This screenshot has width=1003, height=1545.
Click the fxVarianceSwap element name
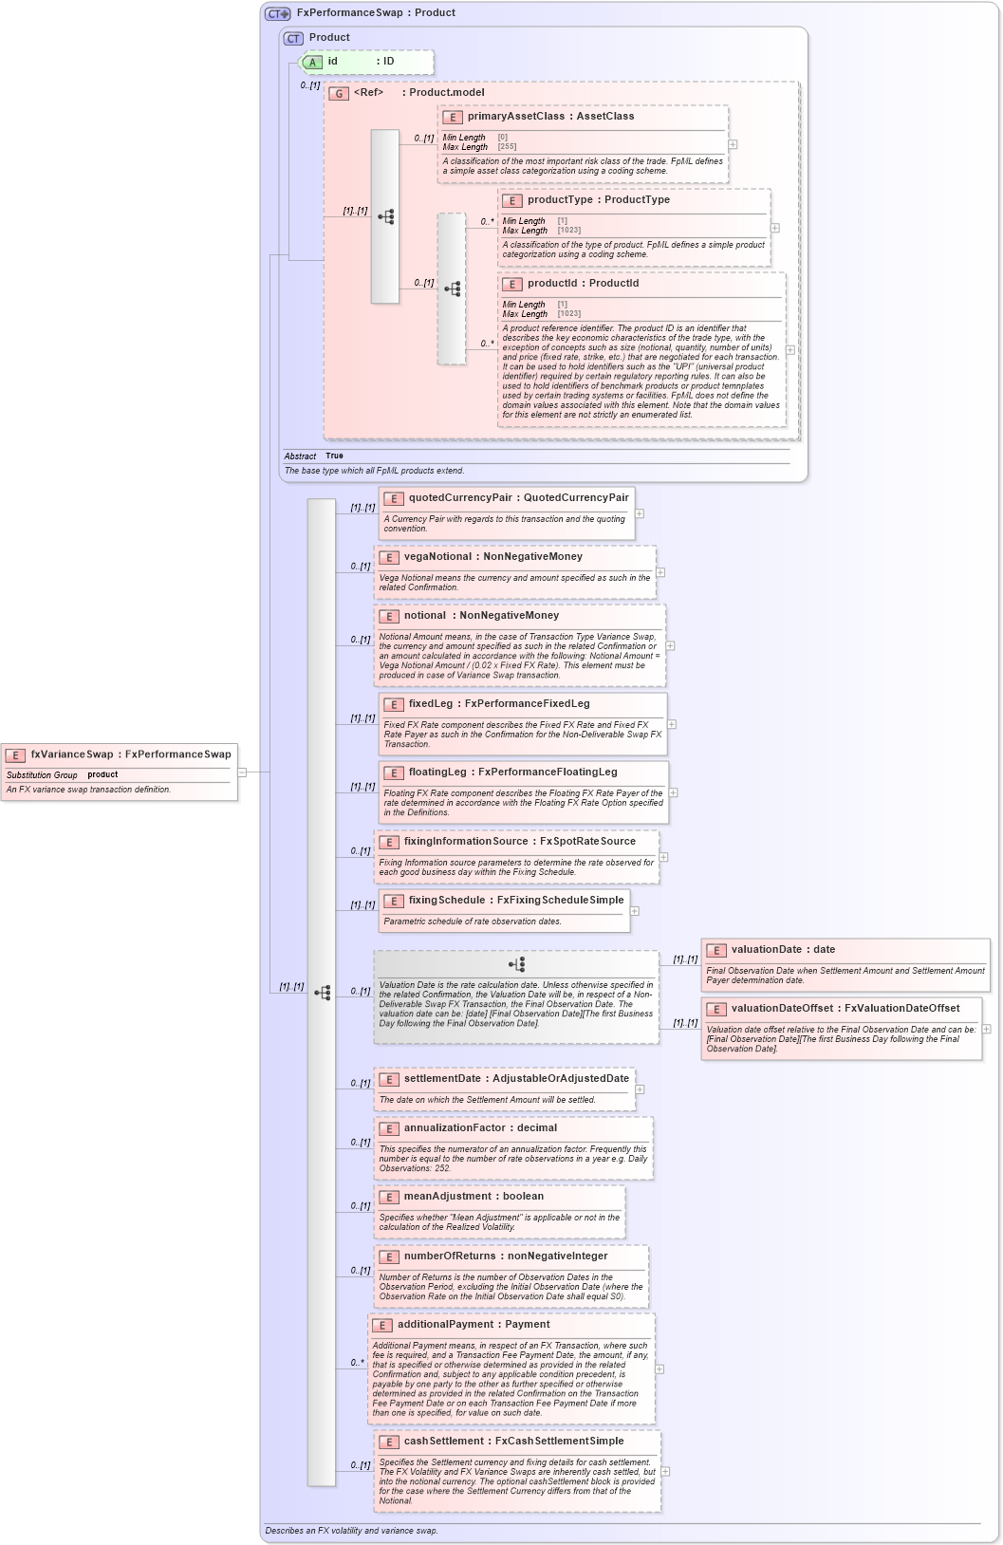(x=72, y=754)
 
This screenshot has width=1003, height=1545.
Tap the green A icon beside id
(x=312, y=62)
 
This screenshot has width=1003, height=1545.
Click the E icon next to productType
(x=512, y=201)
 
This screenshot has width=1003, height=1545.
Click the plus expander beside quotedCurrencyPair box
(x=640, y=513)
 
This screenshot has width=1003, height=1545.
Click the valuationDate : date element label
(x=783, y=950)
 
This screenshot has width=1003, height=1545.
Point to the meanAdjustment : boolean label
(x=474, y=1197)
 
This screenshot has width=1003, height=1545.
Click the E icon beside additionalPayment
(x=382, y=1326)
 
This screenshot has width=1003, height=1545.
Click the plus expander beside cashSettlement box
(x=666, y=1472)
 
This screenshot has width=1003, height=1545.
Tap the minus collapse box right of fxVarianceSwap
(x=242, y=772)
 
